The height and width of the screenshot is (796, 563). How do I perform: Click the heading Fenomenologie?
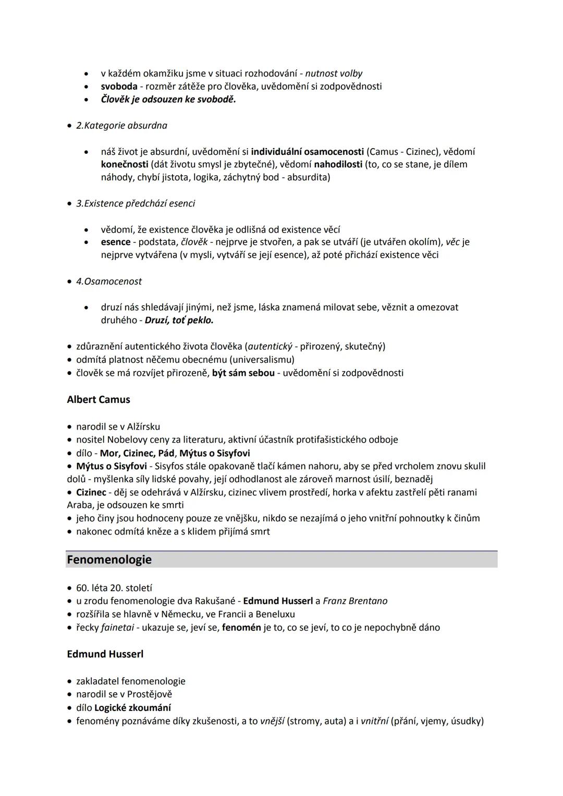click(109, 559)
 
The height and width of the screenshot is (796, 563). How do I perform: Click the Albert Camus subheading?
click(99, 399)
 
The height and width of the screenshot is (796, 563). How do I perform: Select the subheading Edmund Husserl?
click(105, 654)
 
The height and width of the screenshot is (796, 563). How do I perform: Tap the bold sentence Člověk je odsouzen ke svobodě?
click(168, 99)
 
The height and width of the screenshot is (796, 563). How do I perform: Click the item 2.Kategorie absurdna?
click(121, 126)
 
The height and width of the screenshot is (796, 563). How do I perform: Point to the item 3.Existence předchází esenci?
click(136, 203)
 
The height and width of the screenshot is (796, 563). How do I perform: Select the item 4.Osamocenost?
click(109, 281)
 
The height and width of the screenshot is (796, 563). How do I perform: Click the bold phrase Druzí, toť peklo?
click(179, 320)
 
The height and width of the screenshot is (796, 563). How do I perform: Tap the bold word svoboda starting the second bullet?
click(119, 87)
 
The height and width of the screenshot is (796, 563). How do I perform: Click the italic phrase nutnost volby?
click(334, 74)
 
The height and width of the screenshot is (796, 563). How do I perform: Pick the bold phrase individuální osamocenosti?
click(307, 152)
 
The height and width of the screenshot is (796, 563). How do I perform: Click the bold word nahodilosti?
click(338, 164)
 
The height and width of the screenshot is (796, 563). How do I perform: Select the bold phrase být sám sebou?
click(243, 373)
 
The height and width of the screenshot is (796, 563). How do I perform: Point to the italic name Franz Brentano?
click(355, 601)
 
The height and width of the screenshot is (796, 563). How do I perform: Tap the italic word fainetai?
click(117, 627)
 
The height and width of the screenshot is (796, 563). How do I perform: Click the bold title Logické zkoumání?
click(132, 707)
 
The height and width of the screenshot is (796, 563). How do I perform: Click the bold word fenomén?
click(241, 627)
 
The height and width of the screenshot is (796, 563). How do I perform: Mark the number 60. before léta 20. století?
click(82, 587)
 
